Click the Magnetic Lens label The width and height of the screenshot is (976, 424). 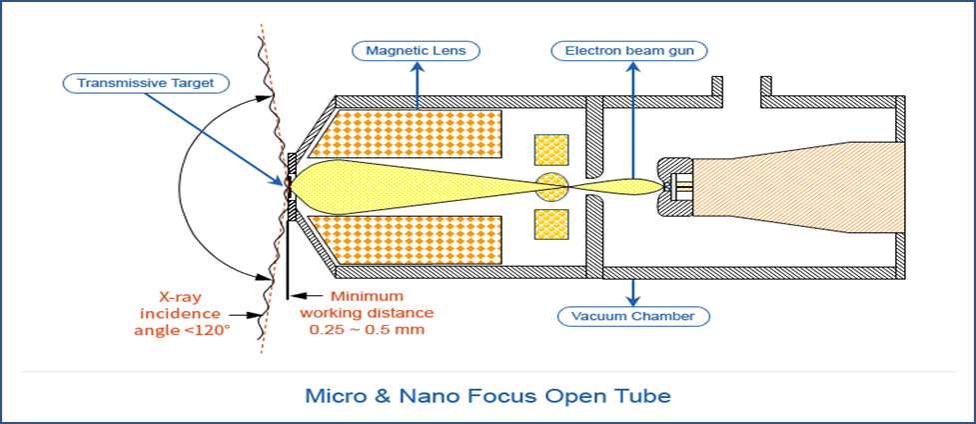point(416,51)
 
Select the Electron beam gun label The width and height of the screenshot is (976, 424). point(629,51)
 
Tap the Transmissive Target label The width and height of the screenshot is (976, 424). point(146,82)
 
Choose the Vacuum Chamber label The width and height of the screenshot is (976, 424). point(633,316)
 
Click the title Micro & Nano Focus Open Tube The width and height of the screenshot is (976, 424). point(488,395)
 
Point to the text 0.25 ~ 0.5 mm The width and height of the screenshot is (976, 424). point(367,329)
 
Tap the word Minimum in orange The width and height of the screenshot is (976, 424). point(367,296)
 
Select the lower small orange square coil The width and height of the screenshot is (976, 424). point(550,224)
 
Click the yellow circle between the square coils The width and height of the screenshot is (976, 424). point(552,187)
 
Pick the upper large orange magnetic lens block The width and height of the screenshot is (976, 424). point(406,133)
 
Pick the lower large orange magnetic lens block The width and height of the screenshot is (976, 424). point(406,239)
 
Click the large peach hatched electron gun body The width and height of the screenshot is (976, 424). point(797,187)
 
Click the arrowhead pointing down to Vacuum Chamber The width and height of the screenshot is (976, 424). point(633,299)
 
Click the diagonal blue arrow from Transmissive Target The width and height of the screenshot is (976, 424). point(217,138)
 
